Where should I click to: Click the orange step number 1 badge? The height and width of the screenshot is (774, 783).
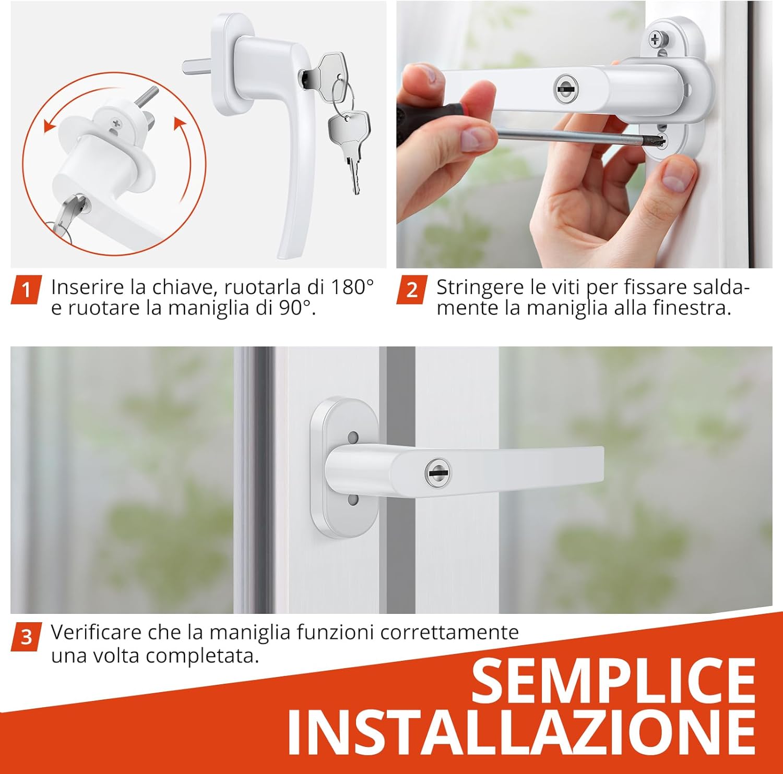point(26,289)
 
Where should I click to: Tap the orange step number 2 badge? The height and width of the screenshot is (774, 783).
point(411,289)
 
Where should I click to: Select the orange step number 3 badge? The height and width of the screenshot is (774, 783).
point(26,637)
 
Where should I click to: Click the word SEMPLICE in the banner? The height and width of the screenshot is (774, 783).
point(614,680)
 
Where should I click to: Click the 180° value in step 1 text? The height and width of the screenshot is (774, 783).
point(353,287)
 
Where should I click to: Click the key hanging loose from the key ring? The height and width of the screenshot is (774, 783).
point(350,146)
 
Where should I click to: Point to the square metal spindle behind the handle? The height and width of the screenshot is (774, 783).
point(195,67)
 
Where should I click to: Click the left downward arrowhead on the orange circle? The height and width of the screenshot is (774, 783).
point(49,126)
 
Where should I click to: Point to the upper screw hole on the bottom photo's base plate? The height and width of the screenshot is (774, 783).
point(353,436)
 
